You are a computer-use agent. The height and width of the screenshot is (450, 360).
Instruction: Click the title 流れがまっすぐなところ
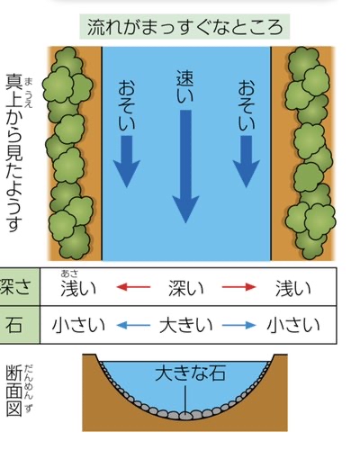(184, 27)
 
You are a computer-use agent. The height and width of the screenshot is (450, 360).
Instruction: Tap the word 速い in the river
(184, 86)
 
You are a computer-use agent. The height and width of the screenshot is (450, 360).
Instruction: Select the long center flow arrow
(185, 166)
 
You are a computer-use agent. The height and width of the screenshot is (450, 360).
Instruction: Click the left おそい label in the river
(127, 105)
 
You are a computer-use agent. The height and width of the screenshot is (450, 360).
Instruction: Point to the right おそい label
(247, 105)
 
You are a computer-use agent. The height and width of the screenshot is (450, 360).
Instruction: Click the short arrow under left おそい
(127, 161)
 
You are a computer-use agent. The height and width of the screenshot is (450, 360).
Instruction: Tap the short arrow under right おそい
(247, 161)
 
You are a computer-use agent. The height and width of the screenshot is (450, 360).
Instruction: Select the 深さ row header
(15, 287)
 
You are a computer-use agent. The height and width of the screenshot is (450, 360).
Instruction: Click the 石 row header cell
(14, 325)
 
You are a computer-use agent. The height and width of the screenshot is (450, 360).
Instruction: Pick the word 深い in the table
(186, 288)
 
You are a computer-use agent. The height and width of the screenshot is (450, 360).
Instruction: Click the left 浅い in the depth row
(78, 288)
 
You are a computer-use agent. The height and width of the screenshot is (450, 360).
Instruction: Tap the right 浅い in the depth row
(293, 288)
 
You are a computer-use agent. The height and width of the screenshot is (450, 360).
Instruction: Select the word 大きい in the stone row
(186, 326)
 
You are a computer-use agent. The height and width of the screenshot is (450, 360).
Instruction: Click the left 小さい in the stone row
(78, 326)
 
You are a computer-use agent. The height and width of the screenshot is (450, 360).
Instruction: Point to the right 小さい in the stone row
(293, 326)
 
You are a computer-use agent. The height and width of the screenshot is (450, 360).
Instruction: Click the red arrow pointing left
(133, 287)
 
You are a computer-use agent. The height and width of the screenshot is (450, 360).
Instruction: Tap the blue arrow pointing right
(239, 325)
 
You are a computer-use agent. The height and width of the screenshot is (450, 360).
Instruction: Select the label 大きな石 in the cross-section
(190, 373)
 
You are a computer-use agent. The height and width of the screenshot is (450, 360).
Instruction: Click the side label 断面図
(14, 391)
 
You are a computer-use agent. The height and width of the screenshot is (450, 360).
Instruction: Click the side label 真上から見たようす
(14, 153)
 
